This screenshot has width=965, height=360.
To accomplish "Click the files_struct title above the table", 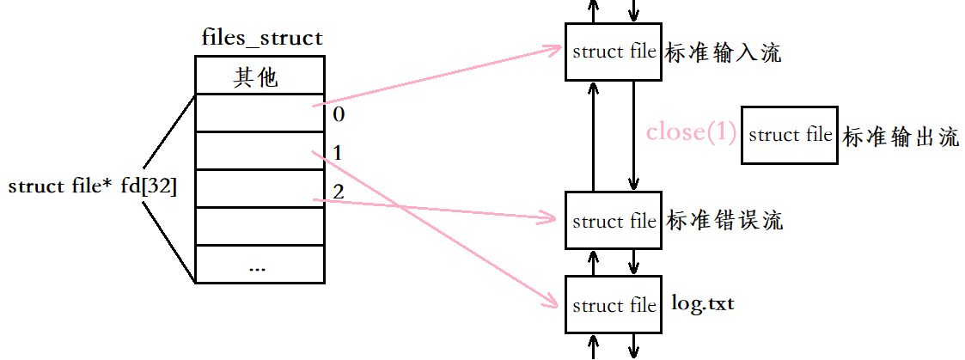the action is coord(262,38).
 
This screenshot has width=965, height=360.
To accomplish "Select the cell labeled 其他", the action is coord(260,75).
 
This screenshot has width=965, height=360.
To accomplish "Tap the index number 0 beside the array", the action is coord(339,114).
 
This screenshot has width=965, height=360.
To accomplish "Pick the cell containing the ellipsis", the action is coord(260,264).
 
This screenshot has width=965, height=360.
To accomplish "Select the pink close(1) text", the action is coord(691,132).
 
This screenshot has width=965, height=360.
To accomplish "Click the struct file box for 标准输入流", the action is coord(614,52).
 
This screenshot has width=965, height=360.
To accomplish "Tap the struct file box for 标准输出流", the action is coord(791,136).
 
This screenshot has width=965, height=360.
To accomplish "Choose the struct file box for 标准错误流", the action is coord(614,221).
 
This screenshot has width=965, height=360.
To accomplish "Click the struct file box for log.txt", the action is coord(614,305).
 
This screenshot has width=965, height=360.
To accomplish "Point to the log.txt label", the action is coord(704,304).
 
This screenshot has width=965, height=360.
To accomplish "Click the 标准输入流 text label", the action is coord(724,53).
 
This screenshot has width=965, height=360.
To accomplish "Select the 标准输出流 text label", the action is coord(901,137).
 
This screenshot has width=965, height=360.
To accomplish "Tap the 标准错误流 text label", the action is coord(724,220).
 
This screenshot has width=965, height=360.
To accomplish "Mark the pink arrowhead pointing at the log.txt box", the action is coord(552,301).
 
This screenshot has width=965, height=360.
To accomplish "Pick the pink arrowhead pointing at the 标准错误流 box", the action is coord(553,216).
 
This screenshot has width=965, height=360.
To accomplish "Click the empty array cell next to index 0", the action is coord(260,113).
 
